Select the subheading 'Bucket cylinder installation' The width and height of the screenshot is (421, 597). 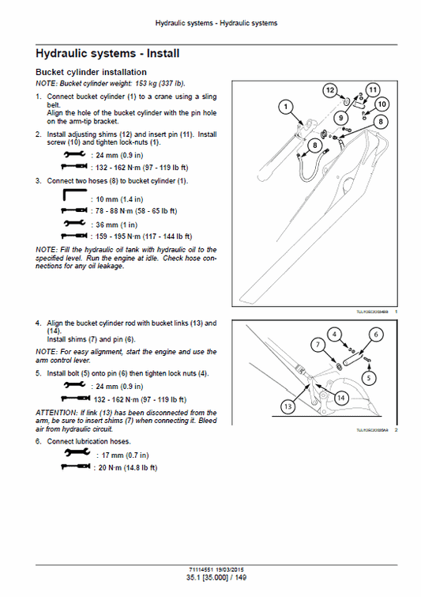point(92,72)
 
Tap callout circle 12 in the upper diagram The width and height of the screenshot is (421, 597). point(330,92)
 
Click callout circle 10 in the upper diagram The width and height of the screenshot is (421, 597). point(382,104)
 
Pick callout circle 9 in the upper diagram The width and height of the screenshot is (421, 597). point(342,118)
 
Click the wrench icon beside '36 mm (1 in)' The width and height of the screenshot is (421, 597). point(75,224)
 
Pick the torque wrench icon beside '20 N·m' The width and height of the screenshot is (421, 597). point(75,467)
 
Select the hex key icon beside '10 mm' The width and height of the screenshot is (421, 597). point(75,196)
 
